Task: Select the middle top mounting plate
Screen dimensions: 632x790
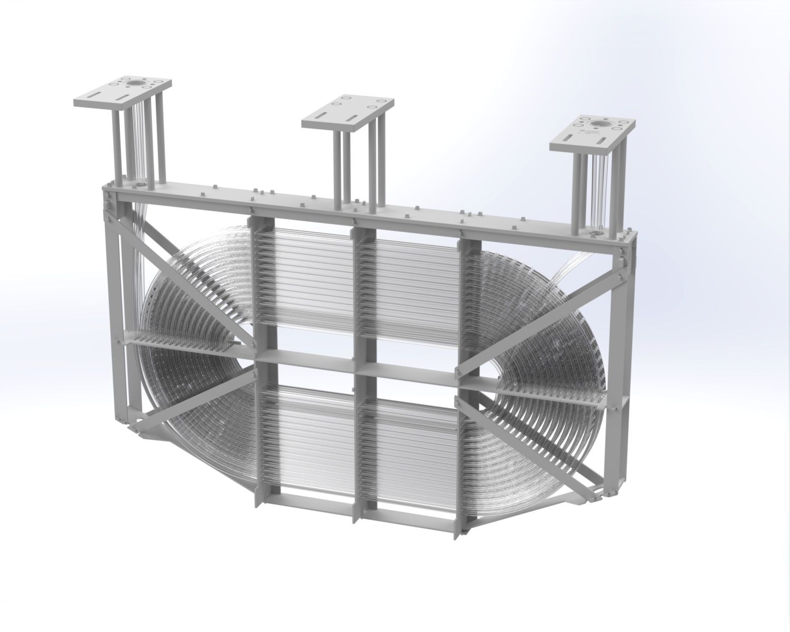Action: [x=348, y=111]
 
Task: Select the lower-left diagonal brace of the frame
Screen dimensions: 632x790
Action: [x=195, y=400]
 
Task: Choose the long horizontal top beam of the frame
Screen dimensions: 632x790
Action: [x=369, y=208]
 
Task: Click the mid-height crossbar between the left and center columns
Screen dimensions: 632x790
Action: [x=305, y=360]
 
